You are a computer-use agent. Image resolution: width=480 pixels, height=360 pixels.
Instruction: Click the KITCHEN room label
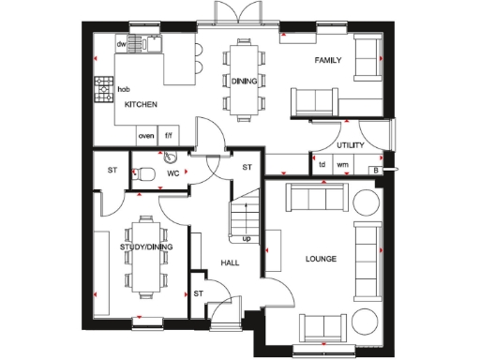tap(141, 105)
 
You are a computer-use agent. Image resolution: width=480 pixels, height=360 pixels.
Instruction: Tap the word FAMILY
tap(327, 61)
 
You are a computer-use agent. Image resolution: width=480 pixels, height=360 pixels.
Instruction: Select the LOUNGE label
tap(321, 258)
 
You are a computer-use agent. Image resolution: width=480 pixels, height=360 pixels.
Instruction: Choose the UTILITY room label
tap(350, 145)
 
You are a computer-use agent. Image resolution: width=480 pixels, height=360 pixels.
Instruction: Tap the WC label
tap(172, 173)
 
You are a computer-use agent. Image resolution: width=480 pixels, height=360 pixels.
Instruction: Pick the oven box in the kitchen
tap(146, 135)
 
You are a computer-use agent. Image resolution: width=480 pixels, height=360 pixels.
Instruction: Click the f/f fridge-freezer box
tap(169, 135)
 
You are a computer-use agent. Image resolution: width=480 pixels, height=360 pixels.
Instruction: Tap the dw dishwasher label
tap(121, 44)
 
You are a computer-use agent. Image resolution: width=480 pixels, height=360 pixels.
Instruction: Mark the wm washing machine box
tap(342, 165)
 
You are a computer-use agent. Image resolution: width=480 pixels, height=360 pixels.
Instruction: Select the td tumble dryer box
tap(322, 165)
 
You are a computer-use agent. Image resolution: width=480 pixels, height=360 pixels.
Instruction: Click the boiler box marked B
tap(374, 170)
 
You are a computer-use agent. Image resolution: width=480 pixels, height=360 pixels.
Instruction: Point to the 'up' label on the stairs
tap(247, 238)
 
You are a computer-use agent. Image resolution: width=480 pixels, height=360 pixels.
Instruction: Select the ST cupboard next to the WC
tap(112, 171)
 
